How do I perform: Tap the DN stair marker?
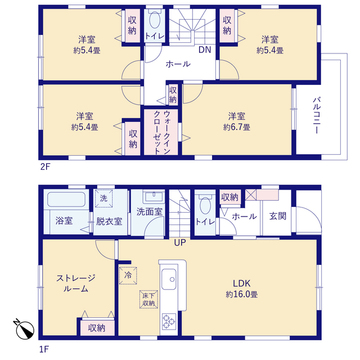coord(203,49)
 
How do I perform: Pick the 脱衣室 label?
coord(109,220)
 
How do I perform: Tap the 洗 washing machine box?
coord(104,197)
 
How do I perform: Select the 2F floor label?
coord(45,165)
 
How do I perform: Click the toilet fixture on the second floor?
coord(155,24)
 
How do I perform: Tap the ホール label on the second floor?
coord(177,64)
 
